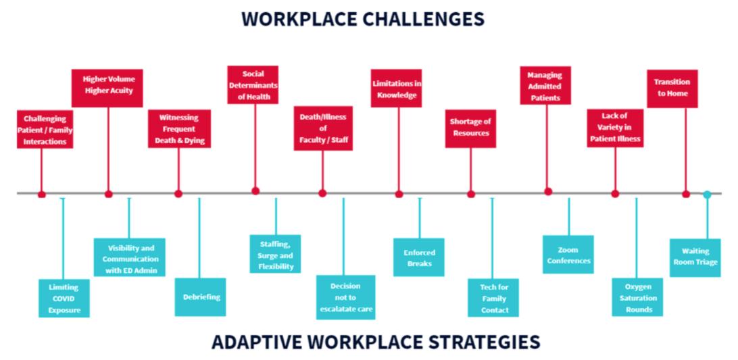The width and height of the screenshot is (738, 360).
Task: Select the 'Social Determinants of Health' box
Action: point(253,84)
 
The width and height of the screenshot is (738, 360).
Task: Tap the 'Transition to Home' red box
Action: point(672,88)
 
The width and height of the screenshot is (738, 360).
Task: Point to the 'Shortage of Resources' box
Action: point(470,128)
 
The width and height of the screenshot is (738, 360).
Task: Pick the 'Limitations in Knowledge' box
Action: point(397,88)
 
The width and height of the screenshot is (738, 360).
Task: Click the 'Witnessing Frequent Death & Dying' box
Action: point(179,128)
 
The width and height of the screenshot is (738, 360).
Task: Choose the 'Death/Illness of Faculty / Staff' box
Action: point(322,128)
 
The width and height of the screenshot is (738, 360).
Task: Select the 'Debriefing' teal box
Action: point(200,297)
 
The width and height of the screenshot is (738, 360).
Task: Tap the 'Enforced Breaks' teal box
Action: point(419,257)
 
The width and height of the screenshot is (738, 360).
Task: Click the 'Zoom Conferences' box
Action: point(568,255)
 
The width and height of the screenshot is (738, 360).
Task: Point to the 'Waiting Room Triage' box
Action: point(695,257)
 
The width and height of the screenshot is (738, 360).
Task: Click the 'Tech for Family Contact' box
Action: point(494,298)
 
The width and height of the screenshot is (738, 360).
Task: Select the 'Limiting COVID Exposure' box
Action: point(64,298)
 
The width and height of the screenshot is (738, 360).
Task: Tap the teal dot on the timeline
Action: point(707,195)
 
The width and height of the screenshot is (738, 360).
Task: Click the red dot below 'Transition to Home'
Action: point(686,194)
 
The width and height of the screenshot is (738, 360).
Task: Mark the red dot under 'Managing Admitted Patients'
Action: point(547,192)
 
